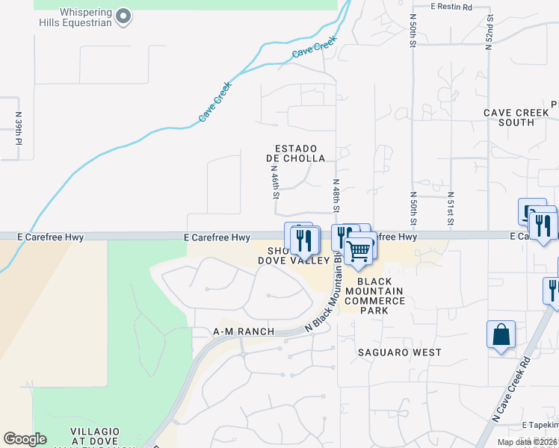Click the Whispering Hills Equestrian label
pos(75,17)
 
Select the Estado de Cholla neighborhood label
pos(296,153)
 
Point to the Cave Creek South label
pos(516,117)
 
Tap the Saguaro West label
pos(399,352)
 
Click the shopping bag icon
pos(501,336)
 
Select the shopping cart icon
pos(360,251)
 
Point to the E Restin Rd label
pos(452,7)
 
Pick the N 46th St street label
pos(275,183)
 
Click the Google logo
pos(25,439)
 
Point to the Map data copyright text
pos(527,442)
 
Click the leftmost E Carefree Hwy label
pos(49,237)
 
